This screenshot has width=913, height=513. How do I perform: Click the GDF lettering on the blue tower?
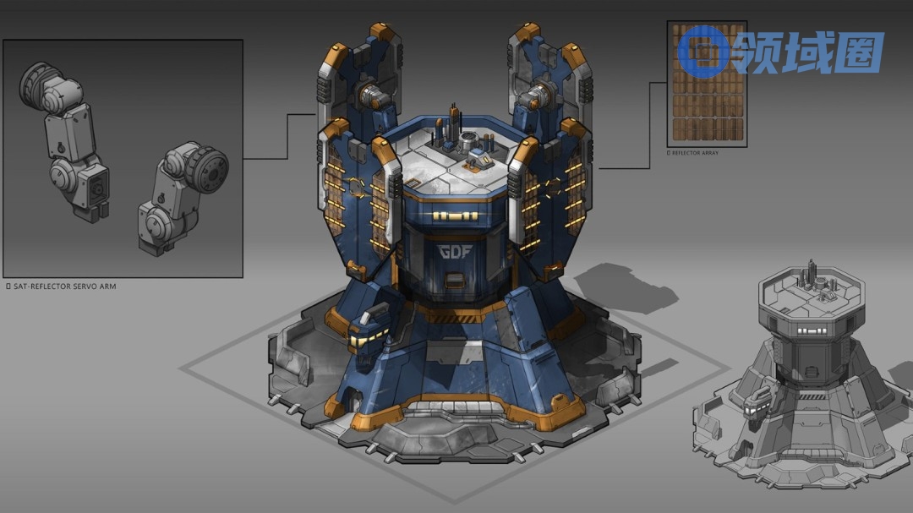[456, 252]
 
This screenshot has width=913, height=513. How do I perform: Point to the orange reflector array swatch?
[708, 84]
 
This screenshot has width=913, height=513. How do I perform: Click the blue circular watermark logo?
[703, 52]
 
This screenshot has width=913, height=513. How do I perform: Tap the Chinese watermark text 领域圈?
[808, 52]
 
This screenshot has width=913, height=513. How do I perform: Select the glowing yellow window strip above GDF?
[456, 216]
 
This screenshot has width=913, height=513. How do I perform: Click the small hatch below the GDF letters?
[455, 281]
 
